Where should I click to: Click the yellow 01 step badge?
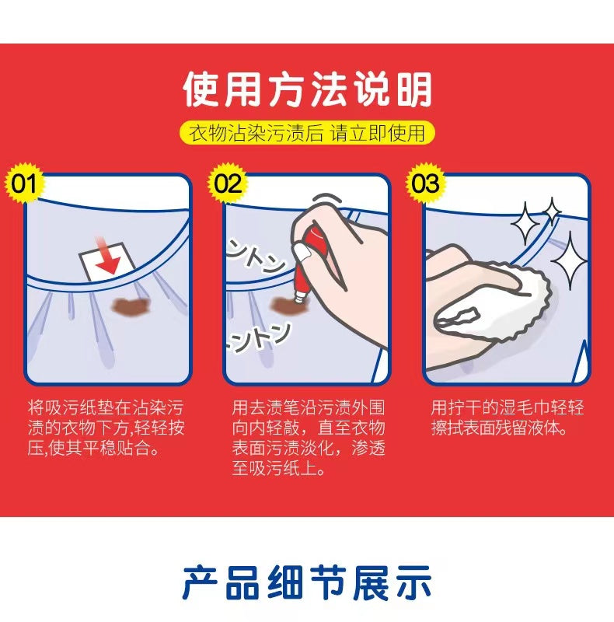25,183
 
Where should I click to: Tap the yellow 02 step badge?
227,183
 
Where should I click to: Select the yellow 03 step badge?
425,183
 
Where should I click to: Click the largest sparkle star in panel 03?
569,260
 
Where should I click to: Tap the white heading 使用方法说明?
307,89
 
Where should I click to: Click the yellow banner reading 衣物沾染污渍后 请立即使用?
307,132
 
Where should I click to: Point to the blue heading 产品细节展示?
307,582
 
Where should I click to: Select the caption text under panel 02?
309,438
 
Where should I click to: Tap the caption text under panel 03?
508,418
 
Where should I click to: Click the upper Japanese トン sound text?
256,256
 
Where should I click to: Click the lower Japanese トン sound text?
258,337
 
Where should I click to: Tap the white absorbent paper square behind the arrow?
107,260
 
